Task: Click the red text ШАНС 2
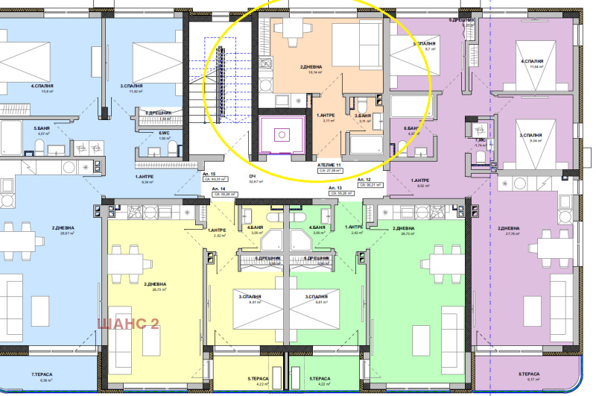[129, 323]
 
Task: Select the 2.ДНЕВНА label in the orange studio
[310, 68]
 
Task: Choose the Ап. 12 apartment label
[364, 180]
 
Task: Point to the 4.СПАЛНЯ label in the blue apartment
[42, 87]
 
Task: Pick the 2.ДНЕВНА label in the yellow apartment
[155, 284]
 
